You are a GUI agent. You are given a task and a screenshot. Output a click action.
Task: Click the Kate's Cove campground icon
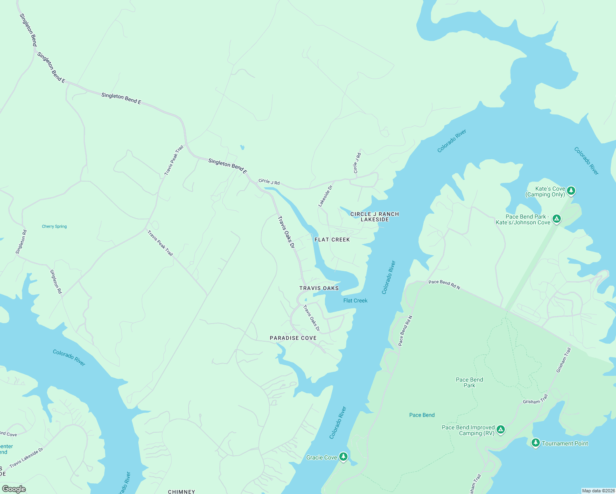point(571,191)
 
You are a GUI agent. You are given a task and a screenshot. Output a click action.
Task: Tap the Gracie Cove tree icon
point(343,457)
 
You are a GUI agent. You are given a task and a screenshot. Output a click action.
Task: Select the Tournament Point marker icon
point(535,443)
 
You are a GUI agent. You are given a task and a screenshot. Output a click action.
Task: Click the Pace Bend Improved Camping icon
point(501,430)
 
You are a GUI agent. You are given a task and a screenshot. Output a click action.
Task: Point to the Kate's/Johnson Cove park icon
point(557,219)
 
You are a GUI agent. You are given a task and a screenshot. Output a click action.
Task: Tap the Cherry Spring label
point(54,226)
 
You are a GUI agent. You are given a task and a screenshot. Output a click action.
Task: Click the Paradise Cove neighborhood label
point(293,338)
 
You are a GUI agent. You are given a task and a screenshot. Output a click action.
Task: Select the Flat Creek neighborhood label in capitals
point(332,240)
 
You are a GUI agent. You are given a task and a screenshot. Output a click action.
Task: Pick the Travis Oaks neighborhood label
point(319,288)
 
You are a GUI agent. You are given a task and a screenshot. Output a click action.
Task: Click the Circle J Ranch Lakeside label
point(375,217)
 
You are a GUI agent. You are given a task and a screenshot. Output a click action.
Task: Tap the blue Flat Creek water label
point(355,301)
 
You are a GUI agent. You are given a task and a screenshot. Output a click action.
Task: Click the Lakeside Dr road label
point(325,196)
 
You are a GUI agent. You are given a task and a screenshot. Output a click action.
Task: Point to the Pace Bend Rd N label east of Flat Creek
point(444,284)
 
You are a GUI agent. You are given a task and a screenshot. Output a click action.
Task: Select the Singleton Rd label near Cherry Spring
point(21,242)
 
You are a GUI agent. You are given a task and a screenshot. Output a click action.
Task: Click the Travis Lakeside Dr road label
point(26,458)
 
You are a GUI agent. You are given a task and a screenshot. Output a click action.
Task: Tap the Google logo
point(14,489)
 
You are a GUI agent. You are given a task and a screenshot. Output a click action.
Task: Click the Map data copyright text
point(598,491)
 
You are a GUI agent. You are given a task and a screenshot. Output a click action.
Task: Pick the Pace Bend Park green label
point(469,382)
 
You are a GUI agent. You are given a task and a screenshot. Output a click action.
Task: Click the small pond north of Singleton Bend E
point(242,147)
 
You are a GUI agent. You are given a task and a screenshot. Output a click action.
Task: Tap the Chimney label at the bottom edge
point(182,492)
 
